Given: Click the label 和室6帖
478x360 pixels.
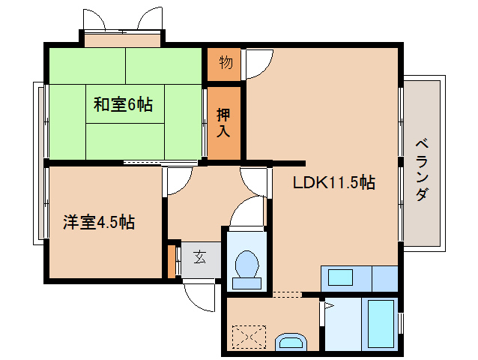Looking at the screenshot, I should click(123, 105).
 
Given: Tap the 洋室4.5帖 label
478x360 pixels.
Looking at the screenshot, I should click(98, 223).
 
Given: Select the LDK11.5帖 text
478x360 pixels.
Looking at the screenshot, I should click(333, 181).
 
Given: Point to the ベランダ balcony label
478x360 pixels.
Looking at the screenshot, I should click(421, 169).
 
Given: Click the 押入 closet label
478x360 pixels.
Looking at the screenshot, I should click(224, 122).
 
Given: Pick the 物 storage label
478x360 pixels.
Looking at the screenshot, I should click(225, 63).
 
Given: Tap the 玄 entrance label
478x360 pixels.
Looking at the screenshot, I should click(199, 257).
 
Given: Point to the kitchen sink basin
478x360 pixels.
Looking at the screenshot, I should click(340, 277).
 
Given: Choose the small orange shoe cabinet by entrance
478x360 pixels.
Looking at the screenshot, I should click(171, 260).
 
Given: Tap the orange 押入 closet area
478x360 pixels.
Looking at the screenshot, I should click(224, 124).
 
